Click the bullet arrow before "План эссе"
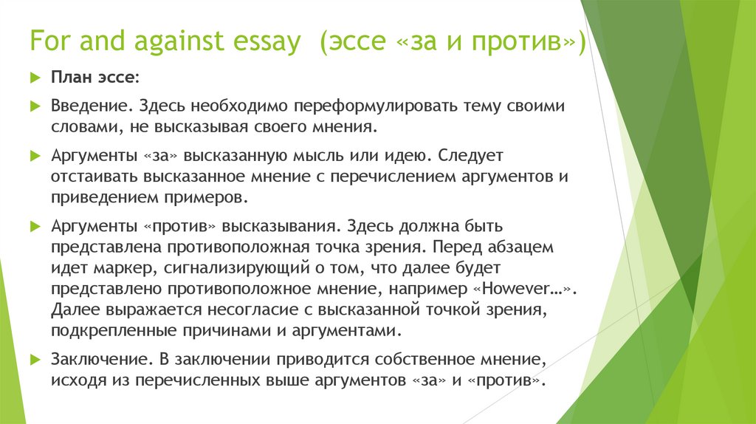coord(35,78)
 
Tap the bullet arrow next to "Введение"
coord(35,107)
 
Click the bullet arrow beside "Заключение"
coord(35,360)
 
